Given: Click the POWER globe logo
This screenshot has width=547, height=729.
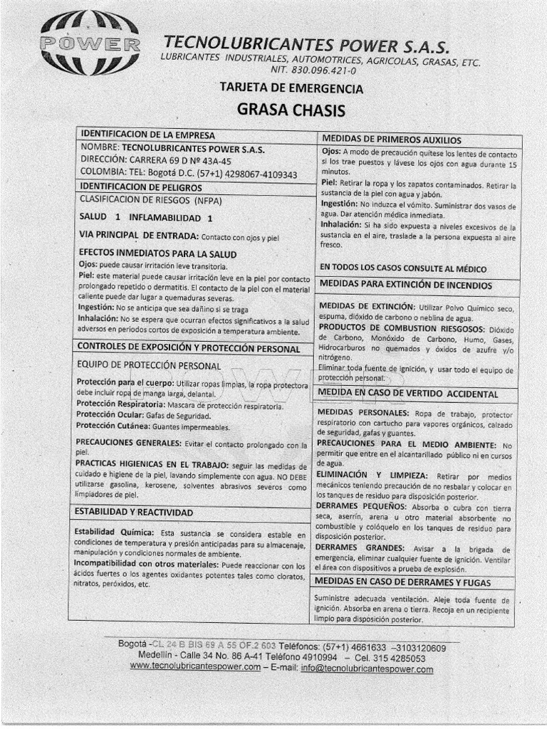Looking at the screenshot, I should click(89, 43).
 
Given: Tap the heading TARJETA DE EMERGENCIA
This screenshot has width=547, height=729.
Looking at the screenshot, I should click(291, 89).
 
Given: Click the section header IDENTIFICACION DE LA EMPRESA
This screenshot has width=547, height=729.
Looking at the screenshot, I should click(147, 134).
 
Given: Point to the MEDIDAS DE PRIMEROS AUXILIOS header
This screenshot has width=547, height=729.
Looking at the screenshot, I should click(392, 140).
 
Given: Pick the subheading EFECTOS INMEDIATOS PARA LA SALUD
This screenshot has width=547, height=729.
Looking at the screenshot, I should click(157, 253).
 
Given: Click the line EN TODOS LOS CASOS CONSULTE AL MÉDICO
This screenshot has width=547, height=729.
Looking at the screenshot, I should click(403, 268).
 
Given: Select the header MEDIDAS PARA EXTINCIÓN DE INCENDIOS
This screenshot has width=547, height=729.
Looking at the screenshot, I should click(406, 285).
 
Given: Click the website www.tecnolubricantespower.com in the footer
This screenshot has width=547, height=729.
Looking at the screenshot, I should click(195, 667).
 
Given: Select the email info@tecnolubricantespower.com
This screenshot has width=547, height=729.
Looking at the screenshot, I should click(367, 668).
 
